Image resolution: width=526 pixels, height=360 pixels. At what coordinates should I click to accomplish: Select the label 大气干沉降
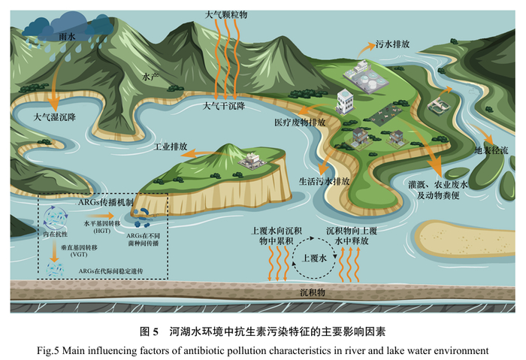(x=224, y=106)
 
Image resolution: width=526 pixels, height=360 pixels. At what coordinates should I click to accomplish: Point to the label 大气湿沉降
(x=54, y=118)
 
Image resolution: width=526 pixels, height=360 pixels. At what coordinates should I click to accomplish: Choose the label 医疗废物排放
(x=299, y=122)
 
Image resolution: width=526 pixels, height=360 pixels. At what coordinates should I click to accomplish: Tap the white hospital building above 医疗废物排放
(x=345, y=101)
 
